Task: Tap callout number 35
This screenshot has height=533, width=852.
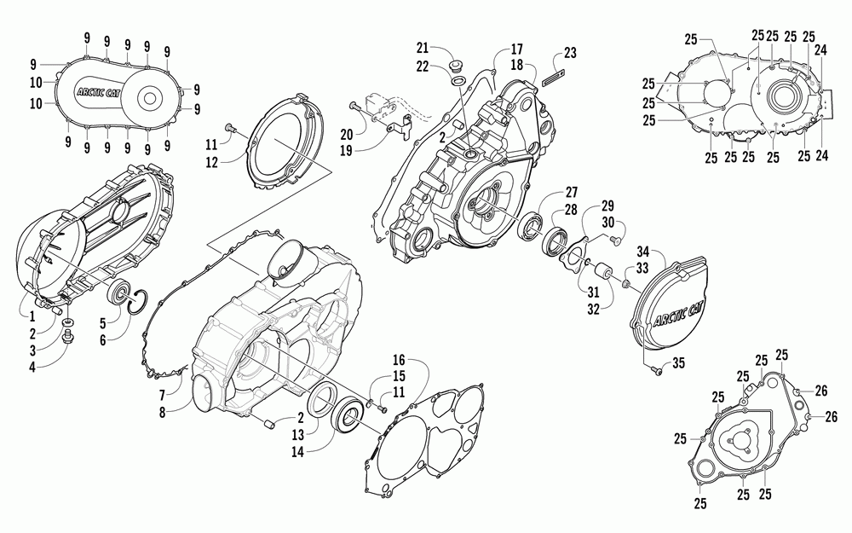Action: coord(678,363)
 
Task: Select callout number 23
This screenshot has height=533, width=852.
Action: coord(570,53)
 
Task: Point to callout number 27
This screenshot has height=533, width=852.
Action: coord(570,193)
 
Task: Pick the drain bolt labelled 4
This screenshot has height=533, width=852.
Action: coord(69,339)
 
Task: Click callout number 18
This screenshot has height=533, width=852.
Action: coord(516,65)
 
